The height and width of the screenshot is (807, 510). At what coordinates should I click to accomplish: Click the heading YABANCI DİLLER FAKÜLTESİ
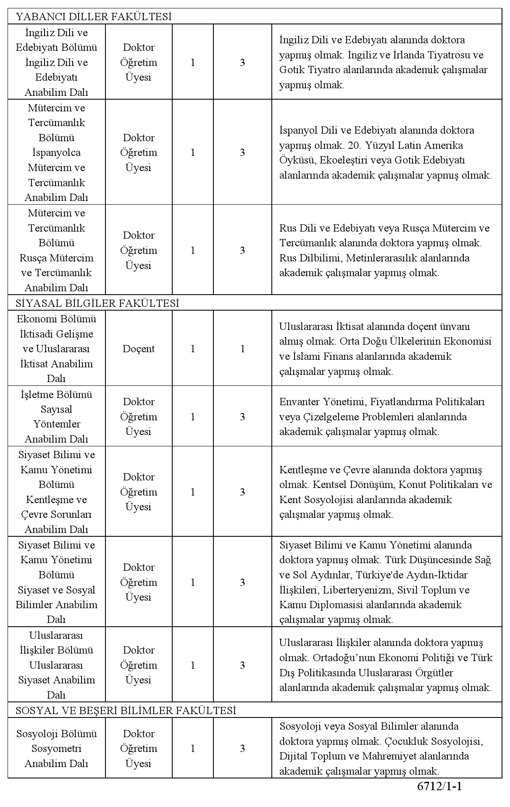[x=94, y=17]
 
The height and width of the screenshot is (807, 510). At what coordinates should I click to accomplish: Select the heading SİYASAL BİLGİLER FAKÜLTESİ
[x=97, y=303]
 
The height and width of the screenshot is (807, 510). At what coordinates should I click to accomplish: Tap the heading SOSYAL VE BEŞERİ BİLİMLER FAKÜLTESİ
[x=126, y=710]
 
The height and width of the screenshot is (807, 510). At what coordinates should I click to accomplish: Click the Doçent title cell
[x=139, y=349]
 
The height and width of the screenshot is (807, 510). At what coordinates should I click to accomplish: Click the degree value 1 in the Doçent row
[x=242, y=349]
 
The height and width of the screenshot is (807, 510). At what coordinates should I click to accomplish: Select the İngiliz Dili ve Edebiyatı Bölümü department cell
[x=56, y=62]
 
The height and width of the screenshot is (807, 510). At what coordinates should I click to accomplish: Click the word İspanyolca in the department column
[x=56, y=153]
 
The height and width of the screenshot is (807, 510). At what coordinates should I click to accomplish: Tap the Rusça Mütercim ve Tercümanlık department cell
[x=56, y=251]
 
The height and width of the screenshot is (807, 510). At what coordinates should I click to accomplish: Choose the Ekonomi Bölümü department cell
[x=56, y=348]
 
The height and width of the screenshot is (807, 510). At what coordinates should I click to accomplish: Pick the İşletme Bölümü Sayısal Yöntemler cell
[x=56, y=417]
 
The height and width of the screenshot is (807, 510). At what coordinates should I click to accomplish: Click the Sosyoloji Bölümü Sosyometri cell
[x=56, y=749]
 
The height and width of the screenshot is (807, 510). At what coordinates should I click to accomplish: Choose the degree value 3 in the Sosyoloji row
[x=242, y=749]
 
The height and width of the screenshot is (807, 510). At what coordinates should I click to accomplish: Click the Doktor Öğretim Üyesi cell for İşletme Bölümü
[x=139, y=417]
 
